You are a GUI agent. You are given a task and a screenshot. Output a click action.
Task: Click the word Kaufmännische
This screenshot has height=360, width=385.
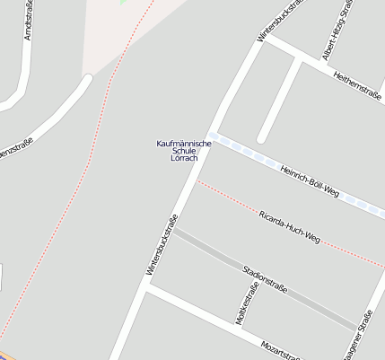point(184,143)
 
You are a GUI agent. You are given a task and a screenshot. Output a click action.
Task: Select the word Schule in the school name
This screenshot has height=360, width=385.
point(183,151)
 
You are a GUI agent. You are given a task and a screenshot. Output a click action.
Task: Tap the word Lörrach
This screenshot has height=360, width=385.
point(183,159)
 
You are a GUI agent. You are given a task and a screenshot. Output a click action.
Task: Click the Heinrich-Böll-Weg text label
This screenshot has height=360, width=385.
point(308,180)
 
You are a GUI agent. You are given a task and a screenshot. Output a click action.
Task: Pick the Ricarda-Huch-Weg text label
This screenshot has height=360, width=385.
point(288,228)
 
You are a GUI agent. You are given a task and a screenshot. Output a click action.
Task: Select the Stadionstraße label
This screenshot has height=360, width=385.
point(265,279)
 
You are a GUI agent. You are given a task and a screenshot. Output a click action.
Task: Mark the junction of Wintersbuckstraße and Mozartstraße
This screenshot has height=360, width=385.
point(146,289)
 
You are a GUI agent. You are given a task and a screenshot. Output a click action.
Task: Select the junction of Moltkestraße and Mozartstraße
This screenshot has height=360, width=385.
point(239,328)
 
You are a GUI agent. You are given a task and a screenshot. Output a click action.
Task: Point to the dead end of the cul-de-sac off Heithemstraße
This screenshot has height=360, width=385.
point(262,138)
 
